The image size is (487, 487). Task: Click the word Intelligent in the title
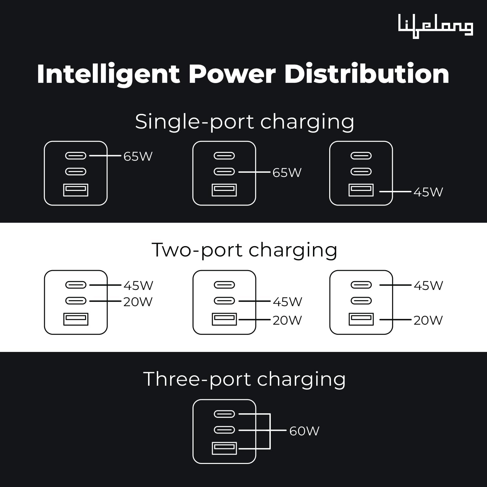coord(108,74)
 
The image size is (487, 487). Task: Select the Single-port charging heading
coord(244,122)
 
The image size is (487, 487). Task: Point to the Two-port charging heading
coord(244,250)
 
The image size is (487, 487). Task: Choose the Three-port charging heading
coord(244,379)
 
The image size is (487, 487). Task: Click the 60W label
coord(304,431)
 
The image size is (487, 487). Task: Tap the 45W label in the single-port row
coord(428,192)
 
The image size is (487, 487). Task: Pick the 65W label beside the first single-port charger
coord(138,156)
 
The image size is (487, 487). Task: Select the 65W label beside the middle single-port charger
coord(287,173)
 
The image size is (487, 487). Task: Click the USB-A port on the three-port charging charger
coord(224,448)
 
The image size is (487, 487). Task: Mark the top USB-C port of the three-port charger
coord(224,414)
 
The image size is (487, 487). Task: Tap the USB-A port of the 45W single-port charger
coord(361,190)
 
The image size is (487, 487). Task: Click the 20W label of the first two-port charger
coord(138,302)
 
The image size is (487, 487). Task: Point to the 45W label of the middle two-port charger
coord(287,302)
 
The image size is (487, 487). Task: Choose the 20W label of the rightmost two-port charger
coord(428,320)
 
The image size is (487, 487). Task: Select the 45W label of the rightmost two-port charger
coord(428,286)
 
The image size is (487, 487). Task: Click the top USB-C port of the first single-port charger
coord(76,156)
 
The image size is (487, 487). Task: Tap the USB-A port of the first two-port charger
coord(76,319)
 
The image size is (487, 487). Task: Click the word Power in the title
coord(232,74)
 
